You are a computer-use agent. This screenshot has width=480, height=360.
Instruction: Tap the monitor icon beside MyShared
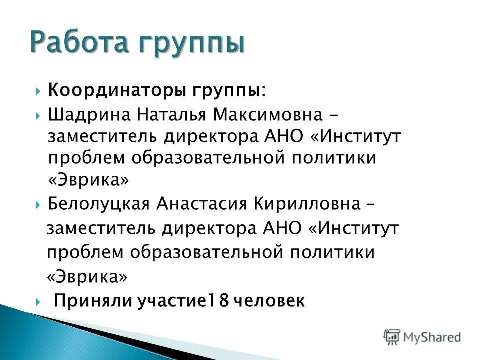392,337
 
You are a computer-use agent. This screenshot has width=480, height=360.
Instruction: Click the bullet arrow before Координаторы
39,92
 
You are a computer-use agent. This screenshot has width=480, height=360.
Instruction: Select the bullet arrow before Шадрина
39,115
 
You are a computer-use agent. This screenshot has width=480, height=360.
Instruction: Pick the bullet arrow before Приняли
39,301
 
